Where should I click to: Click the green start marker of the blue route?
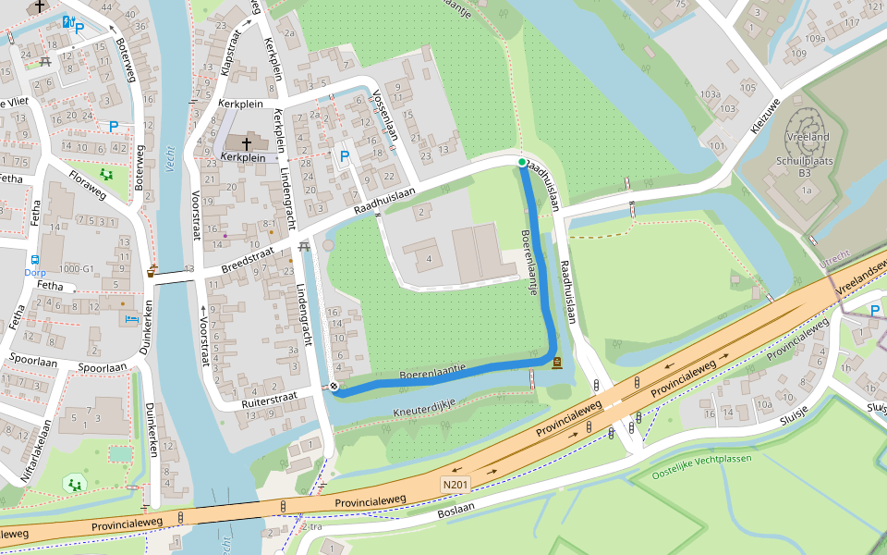tap(522, 163)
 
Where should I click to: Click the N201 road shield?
tap(456, 484)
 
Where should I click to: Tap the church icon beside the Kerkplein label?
tap(247, 143)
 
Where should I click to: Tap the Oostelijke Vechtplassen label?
tap(702, 459)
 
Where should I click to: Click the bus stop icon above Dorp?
tap(34, 260)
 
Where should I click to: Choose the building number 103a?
tap(710, 94)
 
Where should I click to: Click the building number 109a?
tap(814, 39)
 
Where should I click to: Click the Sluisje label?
tap(876, 406)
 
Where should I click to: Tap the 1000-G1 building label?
tap(76, 269)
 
